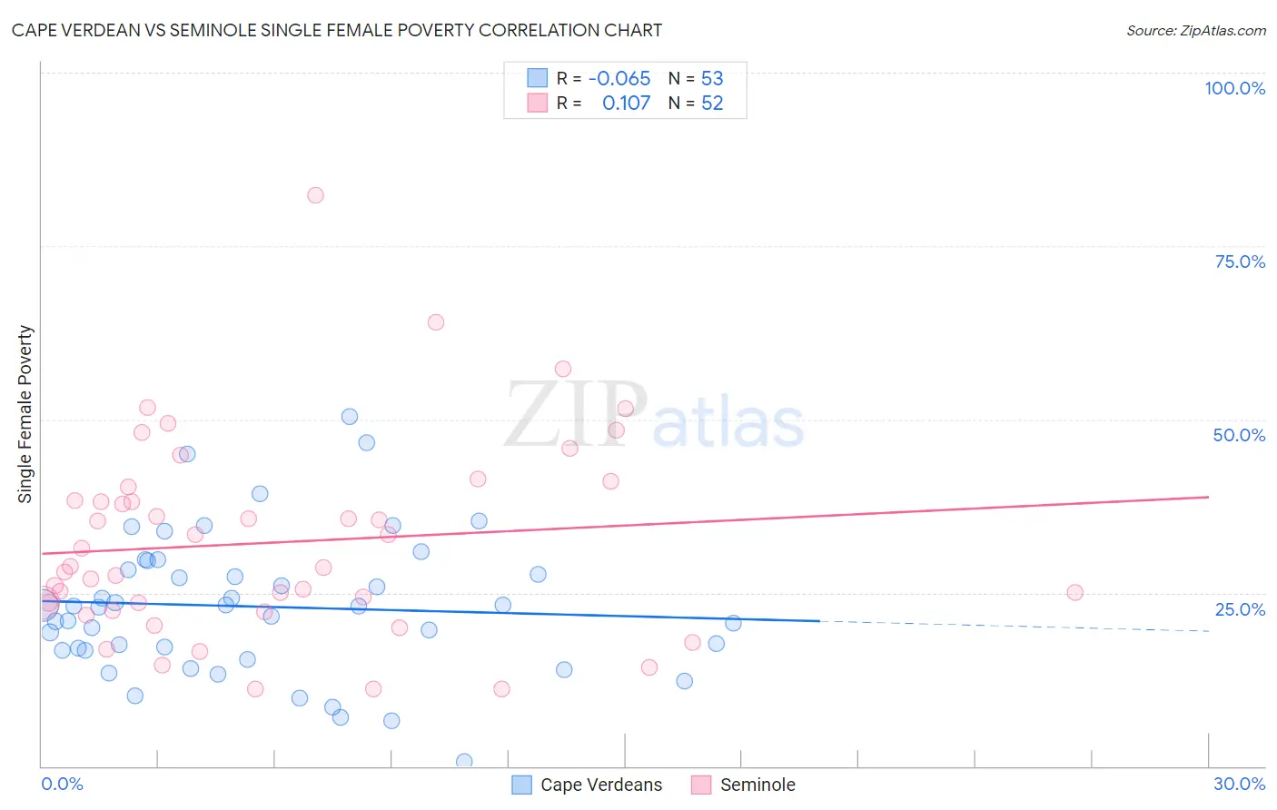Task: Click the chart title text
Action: [x=337, y=30]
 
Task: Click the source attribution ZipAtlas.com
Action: [x=1195, y=30]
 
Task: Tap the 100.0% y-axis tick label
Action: [x=1234, y=88]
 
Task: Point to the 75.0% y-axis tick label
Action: [x=1240, y=262]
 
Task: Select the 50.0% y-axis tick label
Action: [x=1239, y=435]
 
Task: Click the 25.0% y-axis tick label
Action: [x=1240, y=608]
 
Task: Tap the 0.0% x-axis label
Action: [x=62, y=784]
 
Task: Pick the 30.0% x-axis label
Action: [x=1239, y=784]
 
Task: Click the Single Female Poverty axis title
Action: [x=25, y=414]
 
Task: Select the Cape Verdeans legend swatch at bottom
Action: [x=521, y=785]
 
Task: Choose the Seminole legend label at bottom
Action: [x=757, y=785]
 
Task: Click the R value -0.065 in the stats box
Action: [x=619, y=78]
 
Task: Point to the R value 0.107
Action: [x=626, y=103]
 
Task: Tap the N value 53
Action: [x=712, y=78]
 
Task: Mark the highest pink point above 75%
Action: [x=315, y=195]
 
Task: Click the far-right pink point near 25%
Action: [x=1074, y=592]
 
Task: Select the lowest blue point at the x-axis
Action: [x=464, y=761]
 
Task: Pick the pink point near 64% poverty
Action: [x=436, y=322]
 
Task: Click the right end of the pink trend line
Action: [x=1207, y=497]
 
